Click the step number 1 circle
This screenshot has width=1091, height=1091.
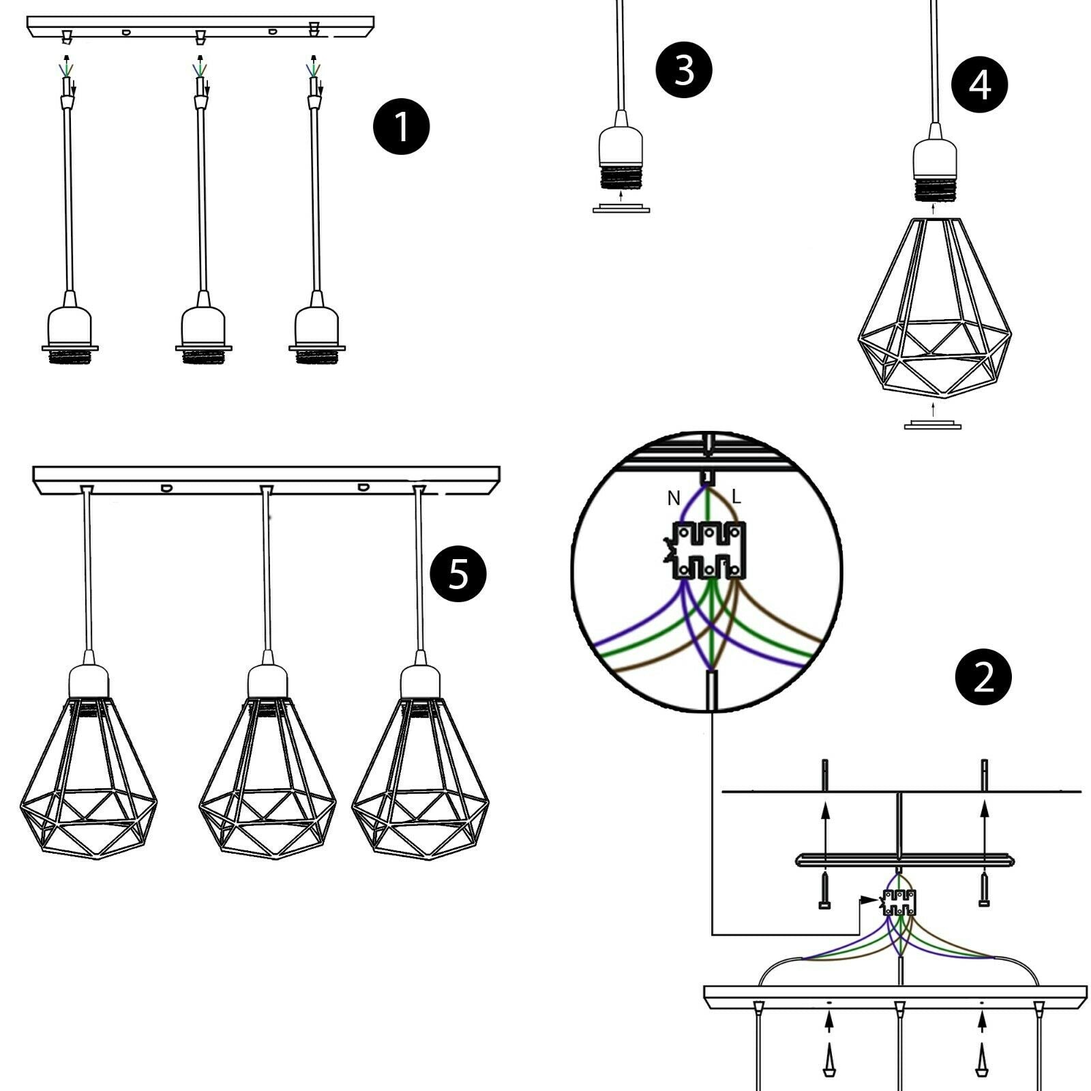pyautogui.click(x=402, y=126)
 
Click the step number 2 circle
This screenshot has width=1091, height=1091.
pyautogui.click(x=983, y=677)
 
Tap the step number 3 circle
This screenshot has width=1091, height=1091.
pyautogui.click(x=684, y=70)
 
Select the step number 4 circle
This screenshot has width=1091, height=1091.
pyautogui.click(x=980, y=85)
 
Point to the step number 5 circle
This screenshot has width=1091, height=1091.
pyautogui.click(x=458, y=573)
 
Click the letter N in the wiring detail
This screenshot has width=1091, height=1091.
pyautogui.click(x=674, y=499)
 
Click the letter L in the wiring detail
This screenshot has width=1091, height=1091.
pyautogui.click(x=736, y=496)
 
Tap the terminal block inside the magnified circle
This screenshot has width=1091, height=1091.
pyautogui.click(x=709, y=551)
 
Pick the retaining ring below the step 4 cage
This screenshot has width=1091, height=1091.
pyautogui.click(x=932, y=425)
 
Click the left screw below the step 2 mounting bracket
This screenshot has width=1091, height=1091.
pyautogui.click(x=824, y=893)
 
